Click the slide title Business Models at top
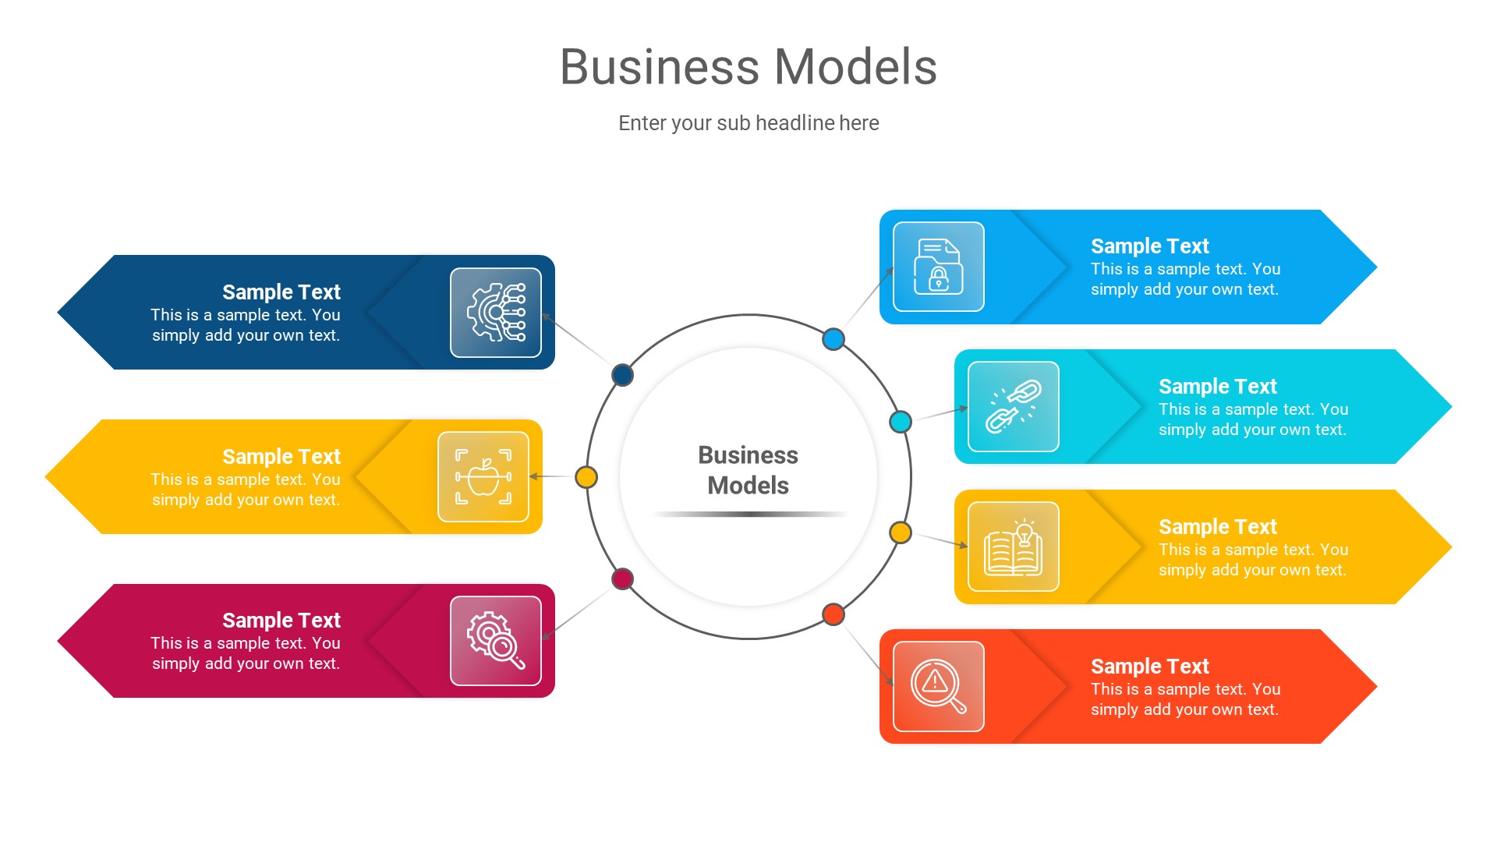pyautogui.click(x=748, y=67)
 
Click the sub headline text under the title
pyautogui.click(x=748, y=123)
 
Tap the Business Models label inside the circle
pyautogui.click(x=748, y=470)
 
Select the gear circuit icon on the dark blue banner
pyautogui.click(x=496, y=313)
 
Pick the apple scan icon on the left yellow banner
pyautogui.click(x=483, y=476)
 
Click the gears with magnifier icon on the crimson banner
pyautogui.click(x=496, y=641)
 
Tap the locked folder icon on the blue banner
pyautogui.click(x=939, y=267)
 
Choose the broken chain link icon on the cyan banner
pyautogui.click(x=1014, y=406)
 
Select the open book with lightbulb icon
pyautogui.click(x=1014, y=547)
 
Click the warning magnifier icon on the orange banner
pyautogui.click(x=939, y=686)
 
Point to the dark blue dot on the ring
pyautogui.click(x=622, y=375)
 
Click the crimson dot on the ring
pyautogui.click(x=622, y=578)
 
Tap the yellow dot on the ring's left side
pyautogui.click(x=586, y=477)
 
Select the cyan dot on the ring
pyautogui.click(x=901, y=422)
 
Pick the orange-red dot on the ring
pyautogui.click(x=833, y=614)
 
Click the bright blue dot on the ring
pyautogui.click(x=833, y=339)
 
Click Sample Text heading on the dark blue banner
pyautogui.click(x=281, y=292)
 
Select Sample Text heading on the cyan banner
pyautogui.click(x=1217, y=387)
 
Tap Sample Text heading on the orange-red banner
pyautogui.click(x=1149, y=667)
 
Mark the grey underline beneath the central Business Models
pyautogui.click(x=748, y=515)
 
